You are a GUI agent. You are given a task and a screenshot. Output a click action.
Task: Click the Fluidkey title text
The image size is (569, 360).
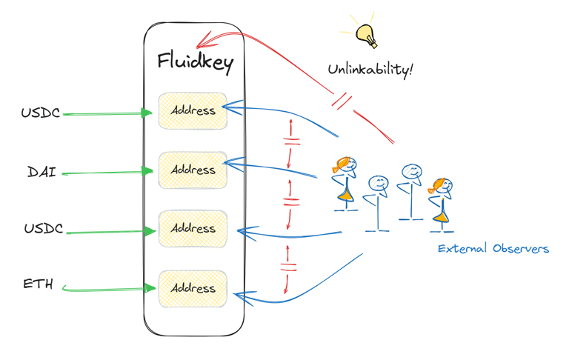click(x=195, y=61)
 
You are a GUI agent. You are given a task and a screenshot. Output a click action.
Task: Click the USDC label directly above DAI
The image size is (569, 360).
click(x=41, y=113)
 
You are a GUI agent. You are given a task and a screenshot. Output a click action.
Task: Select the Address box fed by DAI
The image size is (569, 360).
click(x=193, y=170)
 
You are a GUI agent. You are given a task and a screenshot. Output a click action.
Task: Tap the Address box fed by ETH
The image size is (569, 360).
click(x=193, y=288)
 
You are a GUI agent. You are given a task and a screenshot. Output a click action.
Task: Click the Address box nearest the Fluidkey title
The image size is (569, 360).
click(x=193, y=110)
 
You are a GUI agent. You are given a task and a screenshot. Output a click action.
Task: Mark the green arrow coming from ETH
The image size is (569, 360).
click(x=111, y=288)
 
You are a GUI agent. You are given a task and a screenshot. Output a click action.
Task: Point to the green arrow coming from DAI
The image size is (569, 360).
click(x=104, y=173)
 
